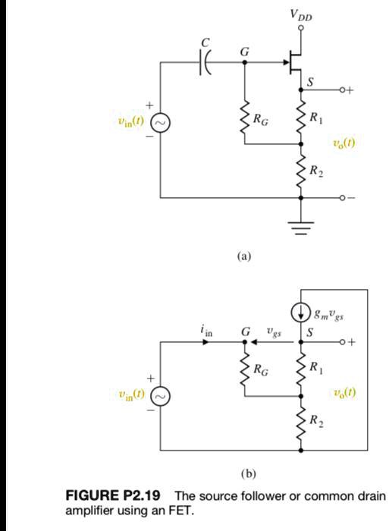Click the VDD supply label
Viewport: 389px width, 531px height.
(x=301, y=15)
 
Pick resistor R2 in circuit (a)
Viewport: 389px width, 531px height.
(x=302, y=169)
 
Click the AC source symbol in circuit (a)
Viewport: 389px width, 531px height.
(x=160, y=121)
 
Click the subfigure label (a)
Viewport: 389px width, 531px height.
(x=243, y=256)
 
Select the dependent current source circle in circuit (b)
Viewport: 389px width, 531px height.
(x=302, y=311)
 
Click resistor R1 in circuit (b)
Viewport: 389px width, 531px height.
(x=302, y=369)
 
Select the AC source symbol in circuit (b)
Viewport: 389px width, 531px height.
(x=160, y=394)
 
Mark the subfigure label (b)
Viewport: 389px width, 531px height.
(x=247, y=474)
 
